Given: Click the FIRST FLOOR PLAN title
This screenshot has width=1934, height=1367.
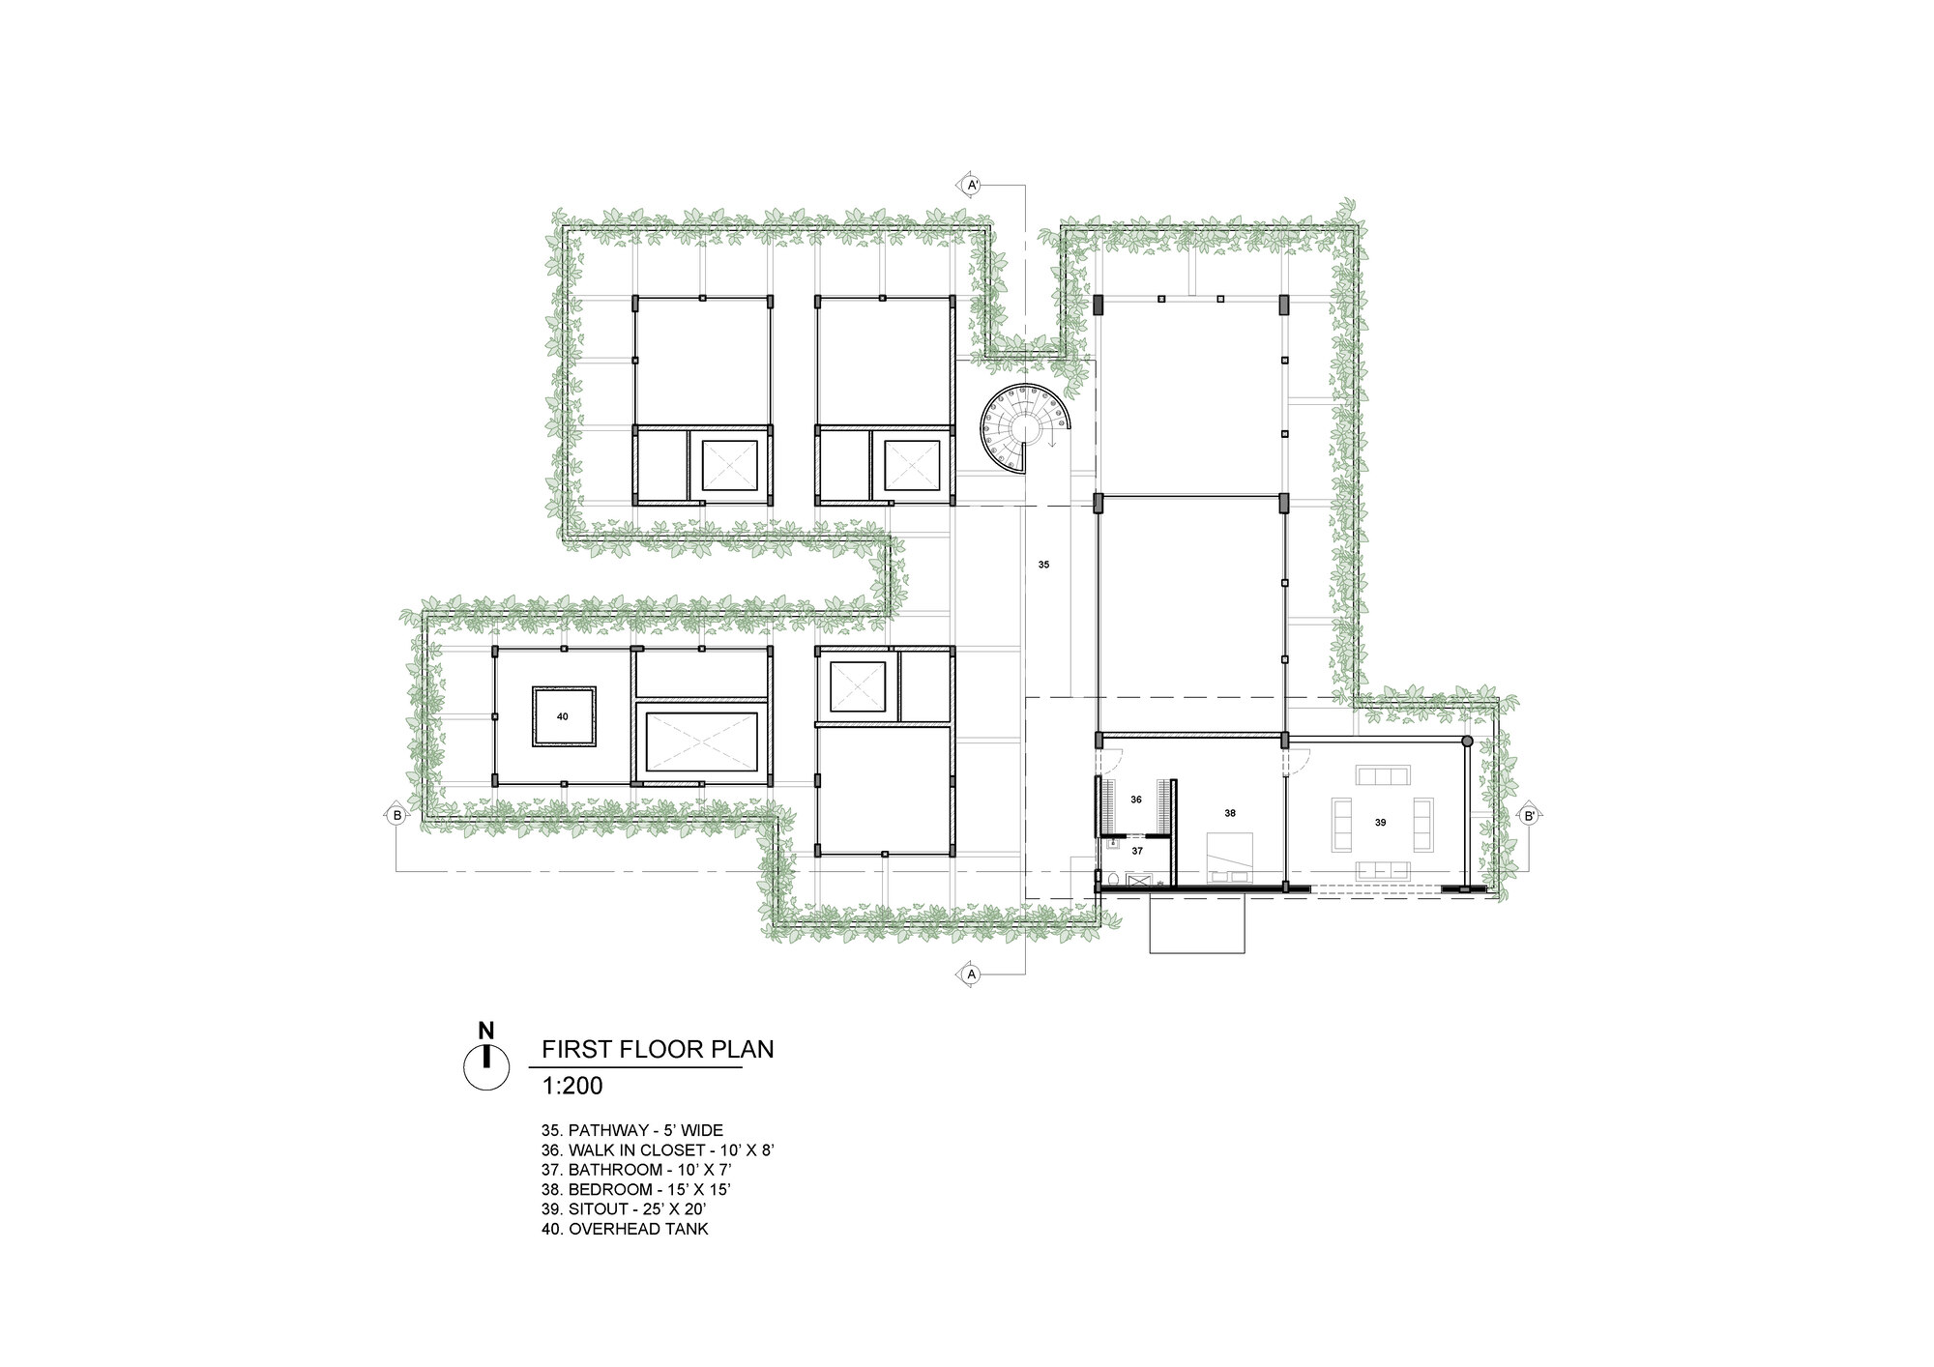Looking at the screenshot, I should click(x=658, y=1049).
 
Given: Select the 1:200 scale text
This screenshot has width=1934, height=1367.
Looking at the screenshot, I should click(x=572, y=1086).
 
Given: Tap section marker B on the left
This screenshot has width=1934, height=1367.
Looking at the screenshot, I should click(x=396, y=815).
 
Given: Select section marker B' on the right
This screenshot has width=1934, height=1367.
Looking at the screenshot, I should click(x=1529, y=815).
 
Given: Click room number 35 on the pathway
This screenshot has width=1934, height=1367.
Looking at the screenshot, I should click(x=1043, y=564).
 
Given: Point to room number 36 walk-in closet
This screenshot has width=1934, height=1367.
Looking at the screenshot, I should click(x=1136, y=800).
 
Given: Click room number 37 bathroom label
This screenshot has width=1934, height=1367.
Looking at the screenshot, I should click(x=1137, y=851).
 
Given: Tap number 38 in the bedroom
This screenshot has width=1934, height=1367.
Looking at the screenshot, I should click(x=1230, y=813).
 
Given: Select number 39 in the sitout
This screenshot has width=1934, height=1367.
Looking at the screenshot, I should click(x=1380, y=822).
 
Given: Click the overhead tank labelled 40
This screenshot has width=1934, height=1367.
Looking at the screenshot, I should click(x=563, y=716).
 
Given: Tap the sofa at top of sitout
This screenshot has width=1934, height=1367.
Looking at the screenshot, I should click(x=1384, y=775).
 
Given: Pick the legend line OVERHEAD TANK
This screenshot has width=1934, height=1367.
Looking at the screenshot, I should click(x=625, y=1230).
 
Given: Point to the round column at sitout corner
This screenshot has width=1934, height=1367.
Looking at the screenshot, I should click(x=1467, y=742).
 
